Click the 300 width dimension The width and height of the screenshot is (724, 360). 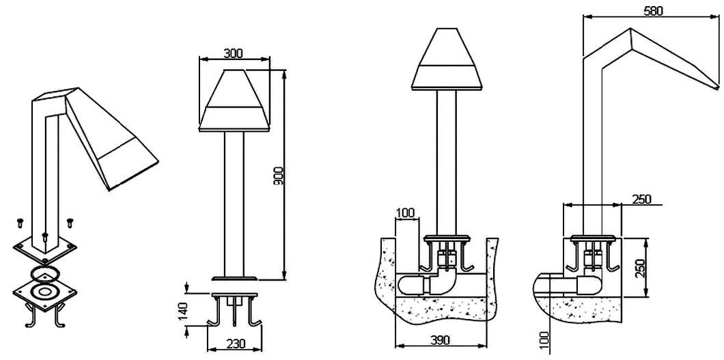pos(233,53)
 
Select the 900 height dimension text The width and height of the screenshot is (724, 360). pos(278,176)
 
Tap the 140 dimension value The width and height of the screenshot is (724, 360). pos(183,311)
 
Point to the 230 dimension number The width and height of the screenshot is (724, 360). pos(235,344)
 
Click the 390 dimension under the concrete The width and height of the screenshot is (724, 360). pos(440,341)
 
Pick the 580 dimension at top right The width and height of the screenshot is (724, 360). pos(654,11)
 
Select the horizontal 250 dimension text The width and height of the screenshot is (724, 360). pos(641,199)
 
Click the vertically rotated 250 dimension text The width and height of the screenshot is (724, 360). pos(639,268)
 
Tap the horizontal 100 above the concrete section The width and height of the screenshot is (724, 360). pos(406,213)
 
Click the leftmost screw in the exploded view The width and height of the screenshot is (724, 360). pos(20,223)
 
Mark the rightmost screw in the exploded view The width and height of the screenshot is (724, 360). pos(70,223)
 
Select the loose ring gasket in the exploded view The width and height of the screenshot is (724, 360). pos(45,273)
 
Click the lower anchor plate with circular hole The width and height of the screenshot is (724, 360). pos(45,292)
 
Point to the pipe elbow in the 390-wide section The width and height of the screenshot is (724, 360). pos(443,283)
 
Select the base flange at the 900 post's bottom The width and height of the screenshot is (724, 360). pos(234,278)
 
